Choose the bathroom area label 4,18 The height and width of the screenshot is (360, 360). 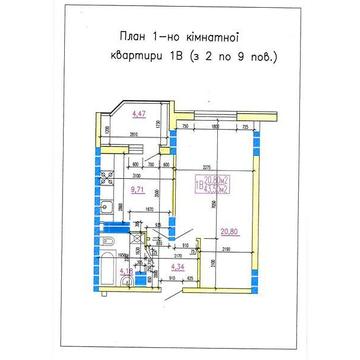126,270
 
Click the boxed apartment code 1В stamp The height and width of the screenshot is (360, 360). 199,183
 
